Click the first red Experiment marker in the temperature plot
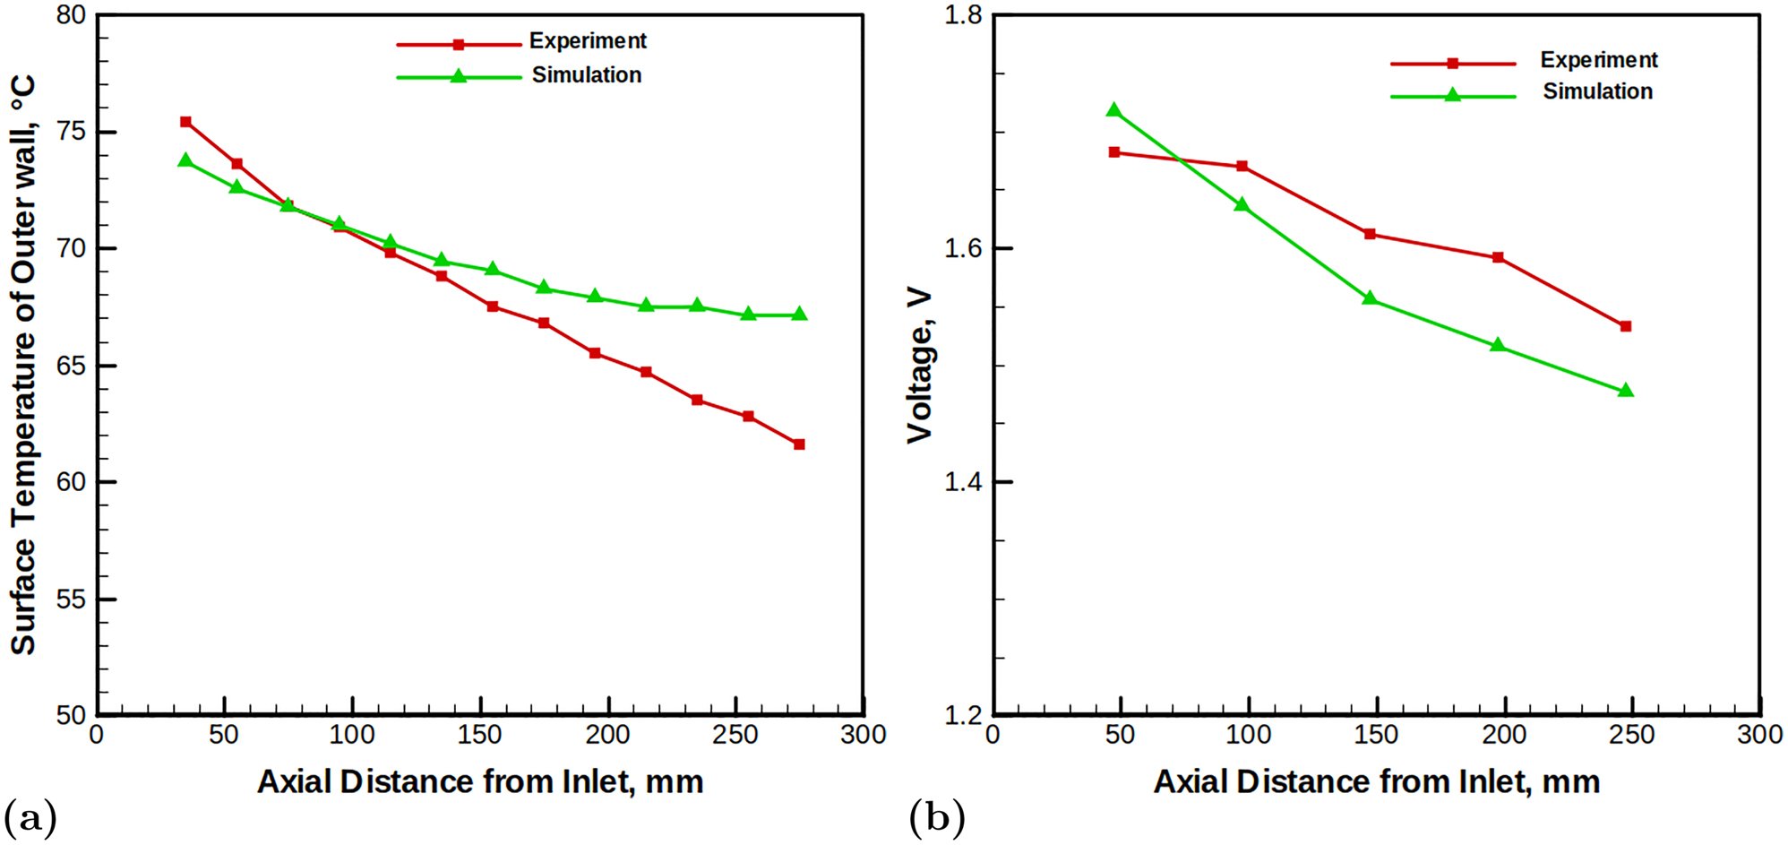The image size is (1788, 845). [x=185, y=122]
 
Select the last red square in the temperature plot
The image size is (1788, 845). [x=799, y=444]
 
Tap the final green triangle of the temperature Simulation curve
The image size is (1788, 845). [x=799, y=315]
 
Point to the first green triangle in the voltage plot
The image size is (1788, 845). [x=1114, y=110]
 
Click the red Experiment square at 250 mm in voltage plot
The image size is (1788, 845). [x=1626, y=326]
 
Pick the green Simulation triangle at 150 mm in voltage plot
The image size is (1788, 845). [x=1370, y=297]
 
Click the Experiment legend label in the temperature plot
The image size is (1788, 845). [x=588, y=41]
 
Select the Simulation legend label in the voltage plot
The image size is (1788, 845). [x=1597, y=91]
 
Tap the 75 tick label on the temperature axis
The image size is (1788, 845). [x=72, y=133]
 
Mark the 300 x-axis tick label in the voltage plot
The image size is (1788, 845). [x=1759, y=736]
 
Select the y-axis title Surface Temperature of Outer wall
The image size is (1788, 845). [x=24, y=366]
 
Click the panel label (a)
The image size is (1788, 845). [x=30, y=818]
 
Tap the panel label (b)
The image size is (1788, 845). [x=936, y=818]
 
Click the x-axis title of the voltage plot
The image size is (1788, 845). [x=1376, y=782]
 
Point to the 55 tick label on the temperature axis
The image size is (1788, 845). [x=72, y=599]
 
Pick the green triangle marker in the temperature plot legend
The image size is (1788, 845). [x=458, y=77]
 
